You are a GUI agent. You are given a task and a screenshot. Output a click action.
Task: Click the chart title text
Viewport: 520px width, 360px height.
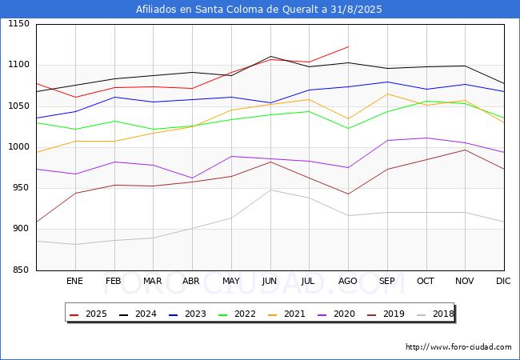tap(259, 10)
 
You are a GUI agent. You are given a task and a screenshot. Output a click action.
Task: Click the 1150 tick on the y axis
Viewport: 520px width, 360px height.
tap(18, 24)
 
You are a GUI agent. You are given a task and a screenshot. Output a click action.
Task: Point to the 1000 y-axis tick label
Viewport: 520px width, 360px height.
tap(18, 147)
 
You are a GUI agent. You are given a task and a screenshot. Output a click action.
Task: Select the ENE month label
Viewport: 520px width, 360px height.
tap(74, 282)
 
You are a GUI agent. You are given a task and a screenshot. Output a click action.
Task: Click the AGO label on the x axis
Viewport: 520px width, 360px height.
tap(348, 282)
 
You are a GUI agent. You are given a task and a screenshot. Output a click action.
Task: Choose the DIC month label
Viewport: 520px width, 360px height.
tap(503, 282)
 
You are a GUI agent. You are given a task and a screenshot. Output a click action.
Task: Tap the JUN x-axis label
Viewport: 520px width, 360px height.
tap(270, 282)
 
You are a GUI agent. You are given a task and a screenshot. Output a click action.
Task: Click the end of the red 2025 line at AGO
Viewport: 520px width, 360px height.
tap(348, 46)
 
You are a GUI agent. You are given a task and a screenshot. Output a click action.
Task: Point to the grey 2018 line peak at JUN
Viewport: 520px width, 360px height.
tap(270, 190)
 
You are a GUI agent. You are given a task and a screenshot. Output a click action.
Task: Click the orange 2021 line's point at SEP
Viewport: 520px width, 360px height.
tap(387, 94)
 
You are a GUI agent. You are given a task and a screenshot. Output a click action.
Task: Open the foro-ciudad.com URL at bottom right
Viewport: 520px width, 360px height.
tap(458, 347)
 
